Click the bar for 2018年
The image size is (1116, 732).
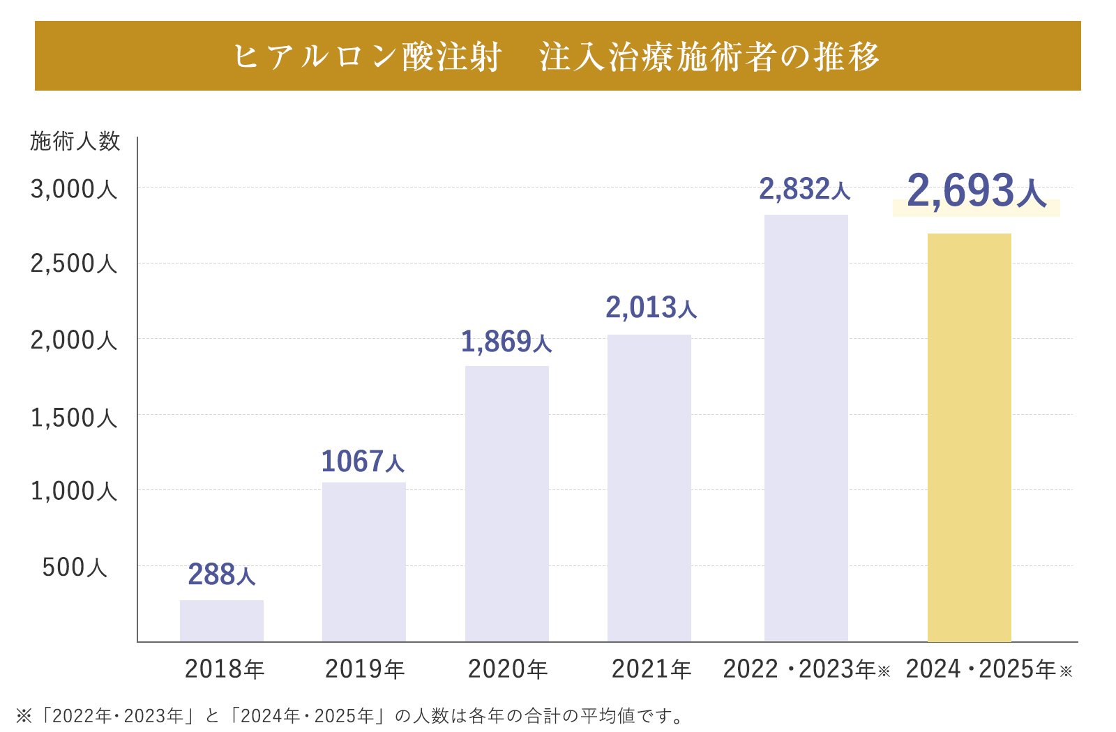[x=222, y=620]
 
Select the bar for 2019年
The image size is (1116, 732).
[x=364, y=562]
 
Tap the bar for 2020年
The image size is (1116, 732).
[x=507, y=503]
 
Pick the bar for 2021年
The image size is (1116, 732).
[x=649, y=488]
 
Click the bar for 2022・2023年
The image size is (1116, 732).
[x=806, y=428]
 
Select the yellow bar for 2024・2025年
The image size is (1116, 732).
[x=970, y=438]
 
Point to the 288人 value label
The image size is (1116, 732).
[x=222, y=574]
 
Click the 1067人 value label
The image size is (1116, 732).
[x=363, y=462]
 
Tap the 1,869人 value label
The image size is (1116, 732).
[x=506, y=342]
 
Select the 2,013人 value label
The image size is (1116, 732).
[x=651, y=307]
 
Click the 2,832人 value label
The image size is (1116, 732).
[x=805, y=189]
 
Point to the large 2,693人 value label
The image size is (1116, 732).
[x=976, y=190]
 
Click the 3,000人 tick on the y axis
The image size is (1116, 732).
[x=74, y=189]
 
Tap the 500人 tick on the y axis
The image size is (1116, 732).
[x=75, y=567]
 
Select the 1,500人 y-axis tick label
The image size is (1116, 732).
[x=74, y=418]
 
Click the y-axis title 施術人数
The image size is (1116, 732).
[x=75, y=142]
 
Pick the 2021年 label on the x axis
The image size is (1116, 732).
[x=651, y=669]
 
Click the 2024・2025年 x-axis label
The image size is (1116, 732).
[x=988, y=669]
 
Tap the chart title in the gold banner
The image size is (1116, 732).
[x=557, y=56]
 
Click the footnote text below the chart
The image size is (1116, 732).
[x=349, y=716]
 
